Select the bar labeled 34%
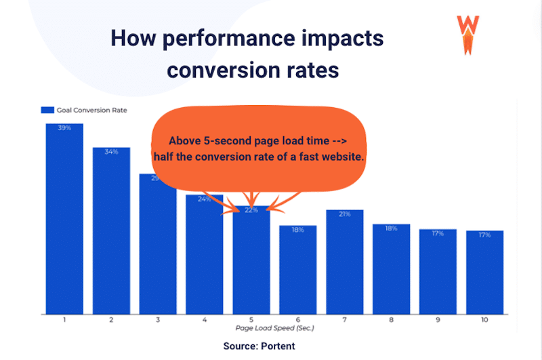111,231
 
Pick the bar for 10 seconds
484,272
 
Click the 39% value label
64,128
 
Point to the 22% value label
251,210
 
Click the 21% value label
344,214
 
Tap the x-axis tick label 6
297,319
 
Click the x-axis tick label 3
158,319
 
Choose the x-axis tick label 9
438,319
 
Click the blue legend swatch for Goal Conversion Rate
47,109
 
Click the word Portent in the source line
276,346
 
